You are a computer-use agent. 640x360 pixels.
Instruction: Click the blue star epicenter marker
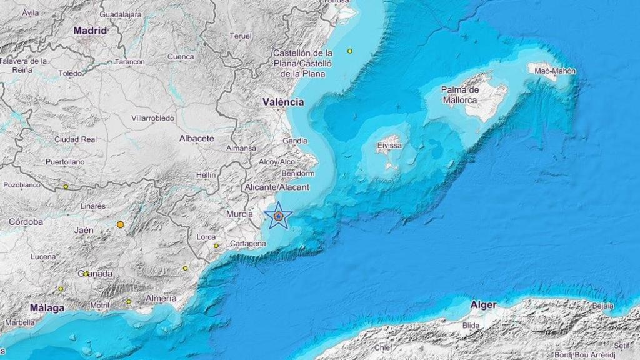(x=279, y=216)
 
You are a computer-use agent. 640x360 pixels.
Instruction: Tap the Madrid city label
(x=91, y=30)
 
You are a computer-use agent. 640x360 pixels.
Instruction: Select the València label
(x=283, y=101)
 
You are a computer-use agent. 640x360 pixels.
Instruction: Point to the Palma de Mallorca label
(x=460, y=95)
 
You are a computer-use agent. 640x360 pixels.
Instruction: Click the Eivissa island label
(x=389, y=146)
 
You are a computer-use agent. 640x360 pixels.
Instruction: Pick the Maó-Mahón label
(x=555, y=71)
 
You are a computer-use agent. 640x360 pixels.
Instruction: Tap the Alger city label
(x=484, y=305)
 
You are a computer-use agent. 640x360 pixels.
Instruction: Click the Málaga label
(x=47, y=308)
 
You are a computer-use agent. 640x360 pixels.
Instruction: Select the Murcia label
(x=239, y=214)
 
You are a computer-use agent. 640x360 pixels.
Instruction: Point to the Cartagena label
(x=248, y=244)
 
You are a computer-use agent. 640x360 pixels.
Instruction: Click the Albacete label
(x=197, y=138)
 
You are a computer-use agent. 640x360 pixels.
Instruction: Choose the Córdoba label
(x=26, y=222)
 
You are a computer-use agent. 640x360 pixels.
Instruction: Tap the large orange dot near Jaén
(x=121, y=224)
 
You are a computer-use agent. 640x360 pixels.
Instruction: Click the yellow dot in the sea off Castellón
(x=350, y=51)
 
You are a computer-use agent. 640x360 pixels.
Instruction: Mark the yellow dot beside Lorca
(x=216, y=246)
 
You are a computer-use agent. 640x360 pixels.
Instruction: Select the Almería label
(x=161, y=299)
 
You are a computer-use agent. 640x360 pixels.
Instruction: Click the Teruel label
(x=241, y=36)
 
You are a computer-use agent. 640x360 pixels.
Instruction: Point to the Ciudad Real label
(x=76, y=139)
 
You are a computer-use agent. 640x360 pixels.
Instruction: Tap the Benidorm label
(x=297, y=173)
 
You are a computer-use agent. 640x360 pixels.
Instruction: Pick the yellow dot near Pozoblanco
(x=66, y=186)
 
